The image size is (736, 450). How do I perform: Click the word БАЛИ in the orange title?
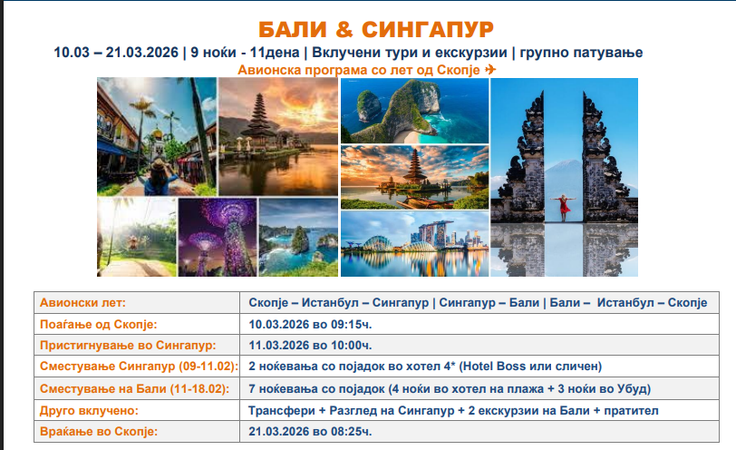tap(293, 30)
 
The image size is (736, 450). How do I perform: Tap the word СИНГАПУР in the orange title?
tap(428, 30)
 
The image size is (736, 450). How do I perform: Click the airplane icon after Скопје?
tap(490, 70)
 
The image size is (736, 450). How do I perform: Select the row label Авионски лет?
tap(82, 302)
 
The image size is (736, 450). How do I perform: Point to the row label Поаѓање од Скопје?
tap(99, 324)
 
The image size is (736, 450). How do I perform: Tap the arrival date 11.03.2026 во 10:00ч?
tap(310, 346)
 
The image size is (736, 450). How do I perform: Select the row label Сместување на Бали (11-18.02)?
tap(135, 389)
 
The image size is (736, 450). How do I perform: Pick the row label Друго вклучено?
tap(89, 411)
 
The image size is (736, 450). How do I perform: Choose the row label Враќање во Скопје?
tap(99, 431)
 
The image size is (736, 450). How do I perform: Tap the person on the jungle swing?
tap(134, 241)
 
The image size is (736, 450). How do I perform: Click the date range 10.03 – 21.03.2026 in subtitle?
tap(116, 52)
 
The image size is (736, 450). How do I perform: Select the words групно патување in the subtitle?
tap(581, 52)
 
